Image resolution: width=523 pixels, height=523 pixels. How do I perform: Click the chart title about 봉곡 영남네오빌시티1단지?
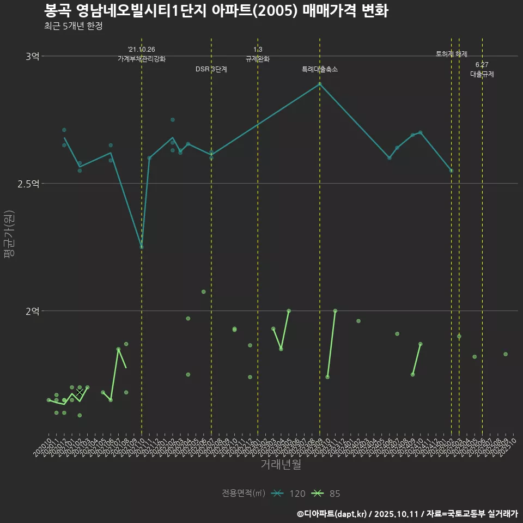point(216,11)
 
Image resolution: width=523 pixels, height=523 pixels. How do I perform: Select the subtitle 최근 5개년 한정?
point(73,26)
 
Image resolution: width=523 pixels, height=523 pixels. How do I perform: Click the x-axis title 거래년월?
point(281,465)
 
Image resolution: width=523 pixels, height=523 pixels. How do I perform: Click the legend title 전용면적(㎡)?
point(244,494)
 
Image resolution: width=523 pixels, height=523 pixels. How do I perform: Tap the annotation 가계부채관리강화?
point(142,59)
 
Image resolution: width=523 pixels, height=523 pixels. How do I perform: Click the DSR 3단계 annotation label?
point(211,70)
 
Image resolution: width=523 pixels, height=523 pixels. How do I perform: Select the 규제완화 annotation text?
point(258,59)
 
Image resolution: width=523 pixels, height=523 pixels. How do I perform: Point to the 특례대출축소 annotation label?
point(320,70)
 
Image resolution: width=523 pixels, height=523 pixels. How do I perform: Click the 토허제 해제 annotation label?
point(452,54)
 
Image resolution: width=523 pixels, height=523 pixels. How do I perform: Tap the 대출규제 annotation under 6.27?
point(482,75)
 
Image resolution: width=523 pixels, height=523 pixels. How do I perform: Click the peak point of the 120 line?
point(320,84)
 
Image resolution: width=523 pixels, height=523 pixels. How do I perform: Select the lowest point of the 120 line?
point(142,247)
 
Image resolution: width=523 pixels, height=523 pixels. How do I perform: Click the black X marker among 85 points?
point(80,392)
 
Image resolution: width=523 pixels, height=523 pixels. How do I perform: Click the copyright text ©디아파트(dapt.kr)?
point(335,513)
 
